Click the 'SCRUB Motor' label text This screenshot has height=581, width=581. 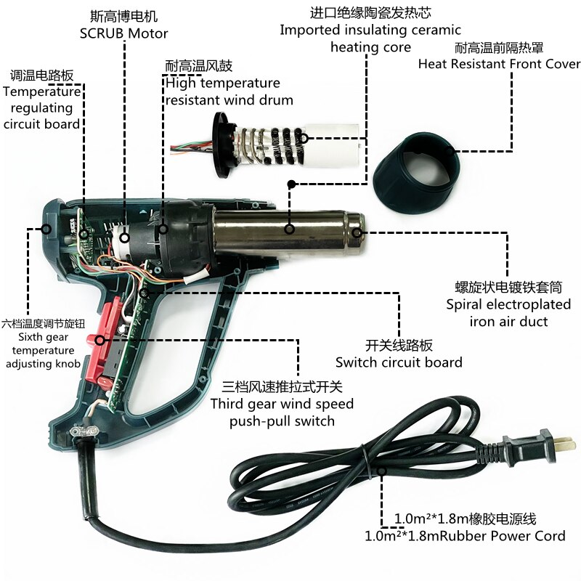(x=123, y=33)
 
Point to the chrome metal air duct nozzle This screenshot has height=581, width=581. (x=288, y=232)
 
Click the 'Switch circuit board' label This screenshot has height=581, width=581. (x=399, y=362)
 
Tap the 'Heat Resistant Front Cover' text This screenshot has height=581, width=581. (x=499, y=64)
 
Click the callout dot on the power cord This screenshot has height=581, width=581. (x=382, y=471)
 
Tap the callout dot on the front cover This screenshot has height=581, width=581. (x=450, y=151)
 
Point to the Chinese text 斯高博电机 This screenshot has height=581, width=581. (x=123, y=16)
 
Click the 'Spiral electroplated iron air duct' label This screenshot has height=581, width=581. (x=508, y=313)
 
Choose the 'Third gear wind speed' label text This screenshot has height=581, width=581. (x=282, y=404)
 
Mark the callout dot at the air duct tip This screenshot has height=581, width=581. (x=357, y=232)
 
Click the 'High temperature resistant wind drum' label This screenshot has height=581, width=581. (x=229, y=92)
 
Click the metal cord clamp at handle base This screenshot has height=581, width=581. (x=84, y=431)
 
